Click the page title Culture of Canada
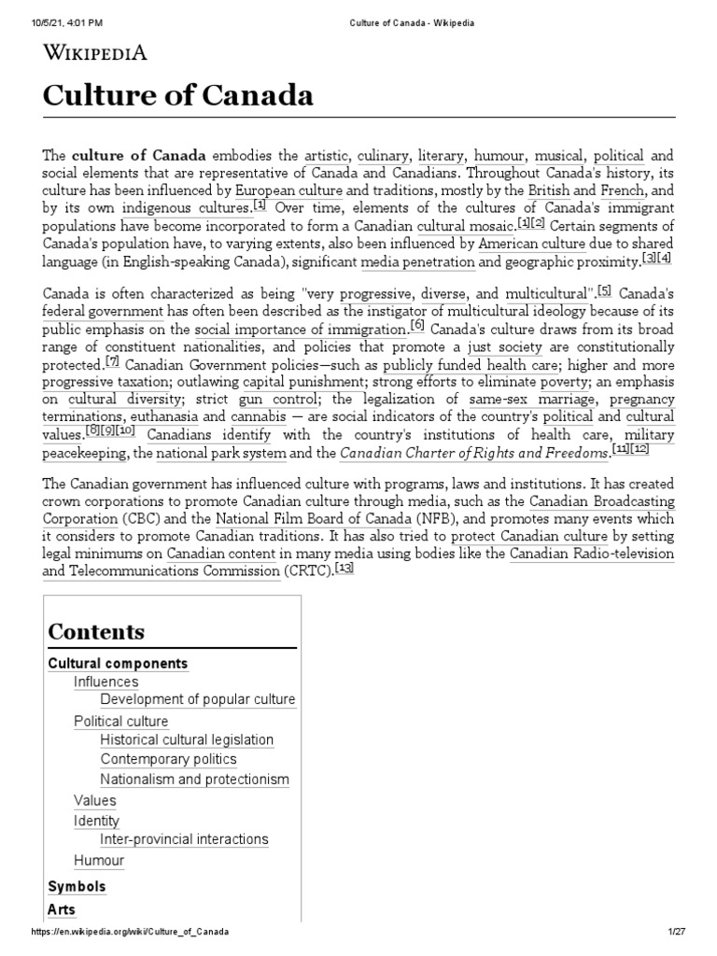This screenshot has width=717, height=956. (x=177, y=96)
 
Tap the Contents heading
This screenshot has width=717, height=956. (x=96, y=631)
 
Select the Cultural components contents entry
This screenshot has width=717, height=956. (x=118, y=664)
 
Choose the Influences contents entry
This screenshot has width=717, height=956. (x=105, y=682)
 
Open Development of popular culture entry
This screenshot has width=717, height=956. (x=198, y=699)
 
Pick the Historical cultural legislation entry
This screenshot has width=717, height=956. (x=187, y=740)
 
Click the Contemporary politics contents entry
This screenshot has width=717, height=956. (x=169, y=760)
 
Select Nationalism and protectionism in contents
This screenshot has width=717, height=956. (x=195, y=780)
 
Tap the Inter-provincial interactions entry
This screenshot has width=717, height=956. (x=184, y=839)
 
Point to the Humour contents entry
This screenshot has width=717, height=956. (x=99, y=860)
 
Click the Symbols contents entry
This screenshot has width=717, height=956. (x=77, y=887)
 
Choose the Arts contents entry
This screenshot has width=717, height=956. (x=62, y=909)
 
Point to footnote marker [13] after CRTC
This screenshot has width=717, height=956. (x=344, y=569)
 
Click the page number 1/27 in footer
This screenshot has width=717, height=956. (x=677, y=933)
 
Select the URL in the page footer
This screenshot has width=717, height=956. (x=131, y=933)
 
